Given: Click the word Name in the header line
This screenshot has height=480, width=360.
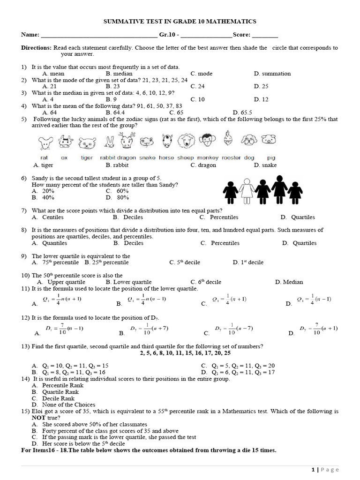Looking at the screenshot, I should tap(30, 35).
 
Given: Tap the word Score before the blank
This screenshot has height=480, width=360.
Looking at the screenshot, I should tap(242, 35).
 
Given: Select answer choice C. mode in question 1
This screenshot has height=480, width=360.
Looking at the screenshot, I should tap(202, 74).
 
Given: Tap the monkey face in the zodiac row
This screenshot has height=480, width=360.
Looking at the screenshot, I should tap(207, 141).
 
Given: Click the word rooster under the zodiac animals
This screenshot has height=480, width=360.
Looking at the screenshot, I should tap(231, 158).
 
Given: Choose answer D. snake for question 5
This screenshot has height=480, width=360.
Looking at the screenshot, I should tap(265, 165).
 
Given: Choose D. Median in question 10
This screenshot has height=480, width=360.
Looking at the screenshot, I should tap(289, 282).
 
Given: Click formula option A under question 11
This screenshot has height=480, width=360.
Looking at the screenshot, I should tap(52, 300).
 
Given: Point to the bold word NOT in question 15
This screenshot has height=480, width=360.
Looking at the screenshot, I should tap(39, 418).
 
